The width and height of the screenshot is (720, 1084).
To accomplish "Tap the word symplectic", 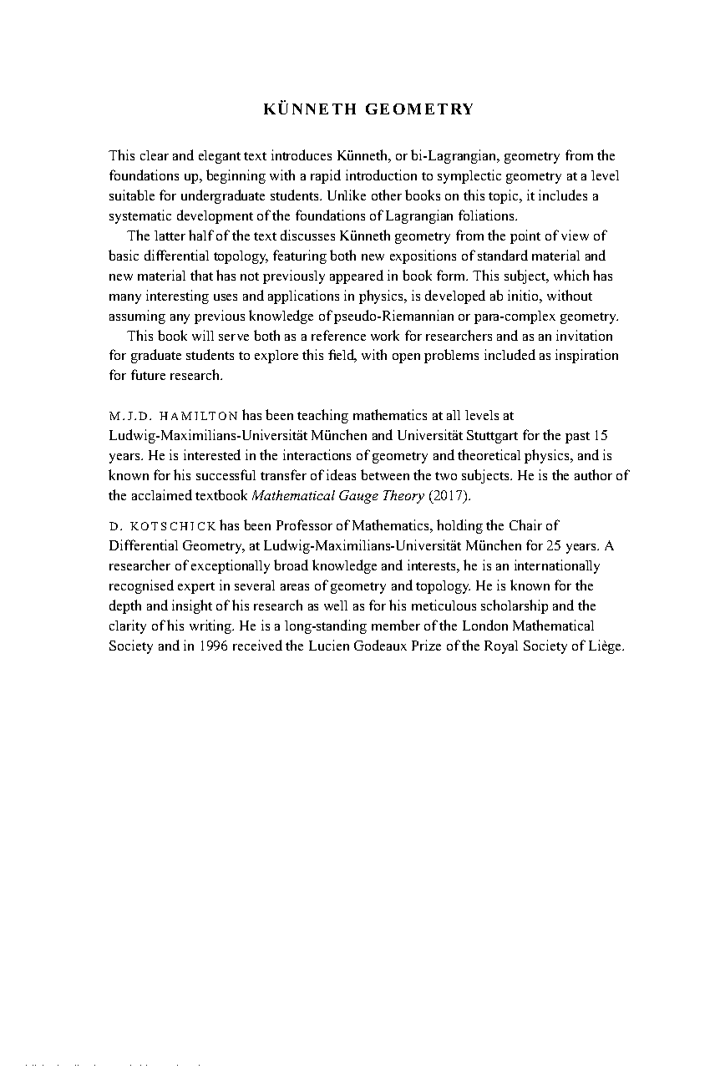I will (x=457, y=176).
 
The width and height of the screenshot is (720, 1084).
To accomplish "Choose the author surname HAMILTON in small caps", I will (x=199, y=416).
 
